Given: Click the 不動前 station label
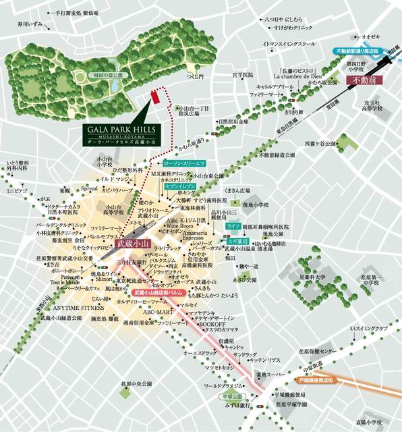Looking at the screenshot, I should pos(368,80).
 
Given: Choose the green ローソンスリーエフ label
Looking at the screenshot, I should pos(183,163).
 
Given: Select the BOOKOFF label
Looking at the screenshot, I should pos(210,323).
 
